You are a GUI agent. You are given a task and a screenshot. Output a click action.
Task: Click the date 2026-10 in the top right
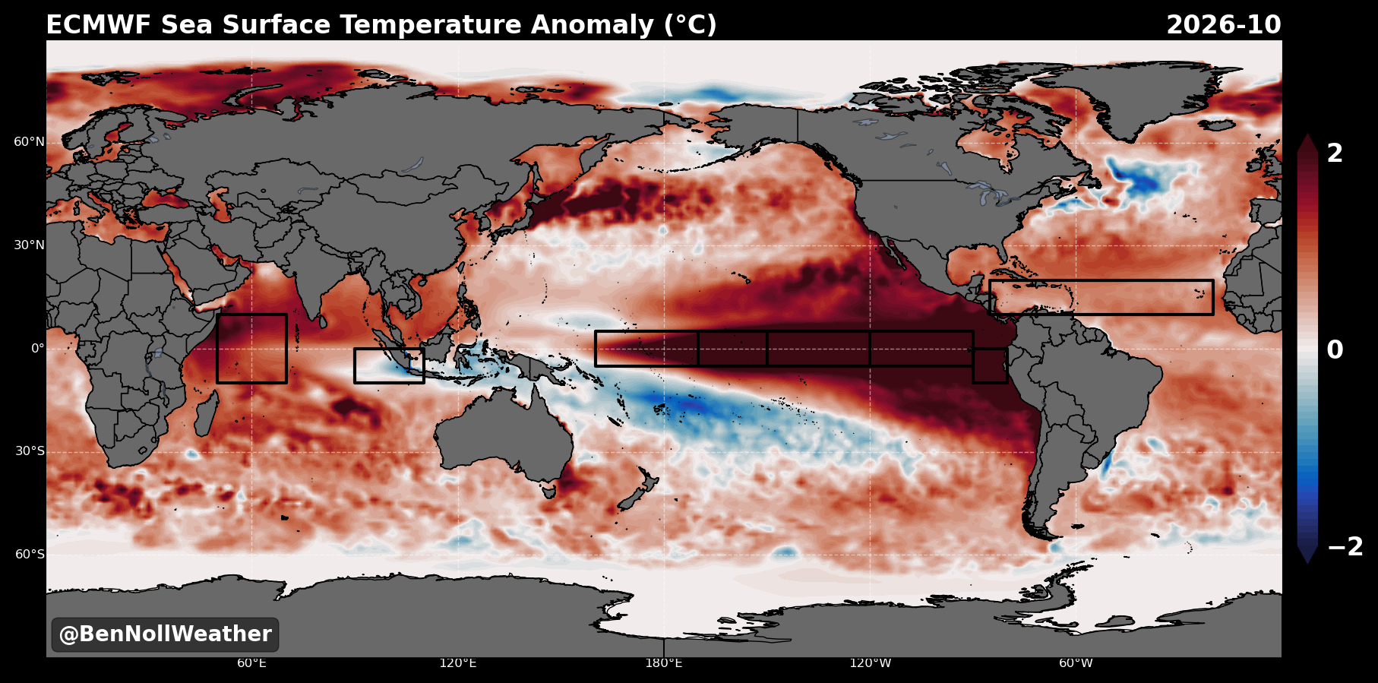(x=1223, y=25)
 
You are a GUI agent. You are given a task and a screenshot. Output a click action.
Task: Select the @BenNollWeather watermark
(x=165, y=634)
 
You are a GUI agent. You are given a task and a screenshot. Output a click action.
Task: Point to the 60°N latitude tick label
(x=29, y=142)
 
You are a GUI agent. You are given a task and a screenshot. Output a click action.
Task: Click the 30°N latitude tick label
(x=29, y=245)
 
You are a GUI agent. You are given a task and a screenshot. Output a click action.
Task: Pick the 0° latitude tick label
(x=37, y=349)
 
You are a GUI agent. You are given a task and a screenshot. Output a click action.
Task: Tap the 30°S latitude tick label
(x=30, y=451)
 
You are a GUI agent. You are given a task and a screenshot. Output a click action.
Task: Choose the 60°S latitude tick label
(x=30, y=555)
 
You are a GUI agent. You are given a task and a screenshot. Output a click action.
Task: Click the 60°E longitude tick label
(x=251, y=663)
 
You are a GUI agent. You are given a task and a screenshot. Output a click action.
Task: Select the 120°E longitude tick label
(x=457, y=663)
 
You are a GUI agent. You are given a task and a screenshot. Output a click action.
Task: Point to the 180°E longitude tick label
(x=664, y=663)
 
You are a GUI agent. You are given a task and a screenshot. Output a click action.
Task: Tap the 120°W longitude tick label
(x=870, y=663)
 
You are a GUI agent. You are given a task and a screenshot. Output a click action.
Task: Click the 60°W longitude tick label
(x=1076, y=663)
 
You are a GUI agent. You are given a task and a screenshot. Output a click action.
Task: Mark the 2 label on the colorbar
(x=1335, y=153)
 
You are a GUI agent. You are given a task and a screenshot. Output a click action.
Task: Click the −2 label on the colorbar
(x=1345, y=546)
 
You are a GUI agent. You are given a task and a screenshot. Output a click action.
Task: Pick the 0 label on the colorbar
(x=1335, y=350)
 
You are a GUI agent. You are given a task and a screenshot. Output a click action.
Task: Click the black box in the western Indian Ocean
(x=217, y=349)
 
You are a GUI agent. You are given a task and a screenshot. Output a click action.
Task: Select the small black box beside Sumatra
(x=355, y=365)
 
